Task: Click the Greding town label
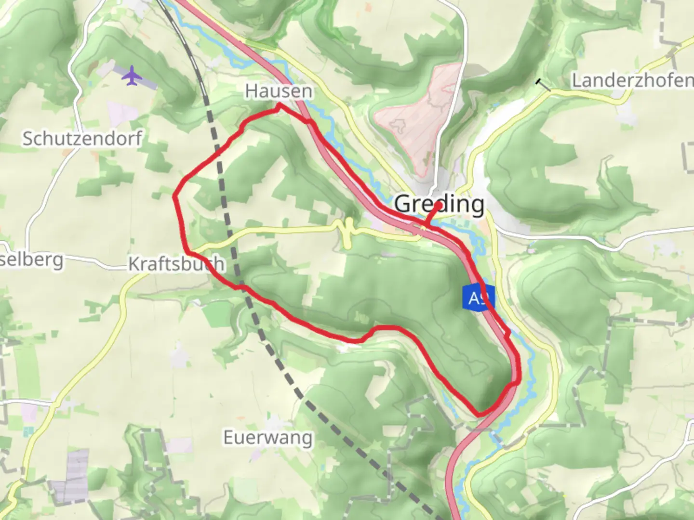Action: [x=439, y=204]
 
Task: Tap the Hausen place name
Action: [x=278, y=91]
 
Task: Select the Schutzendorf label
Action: [x=82, y=139]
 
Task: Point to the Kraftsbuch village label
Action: [x=176, y=264]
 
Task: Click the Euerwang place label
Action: [x=267, y=438]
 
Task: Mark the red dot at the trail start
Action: [x=438, y=206]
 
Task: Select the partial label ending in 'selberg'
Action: [x=31, y=260]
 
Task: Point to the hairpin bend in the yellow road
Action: [x=347, y=232]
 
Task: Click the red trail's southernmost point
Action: [x=479, y=414]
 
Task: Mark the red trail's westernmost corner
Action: [x=174, y=196]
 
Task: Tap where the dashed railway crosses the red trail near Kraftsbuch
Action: [x=240, y=287]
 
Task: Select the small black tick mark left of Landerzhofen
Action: [x=544, y=85]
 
